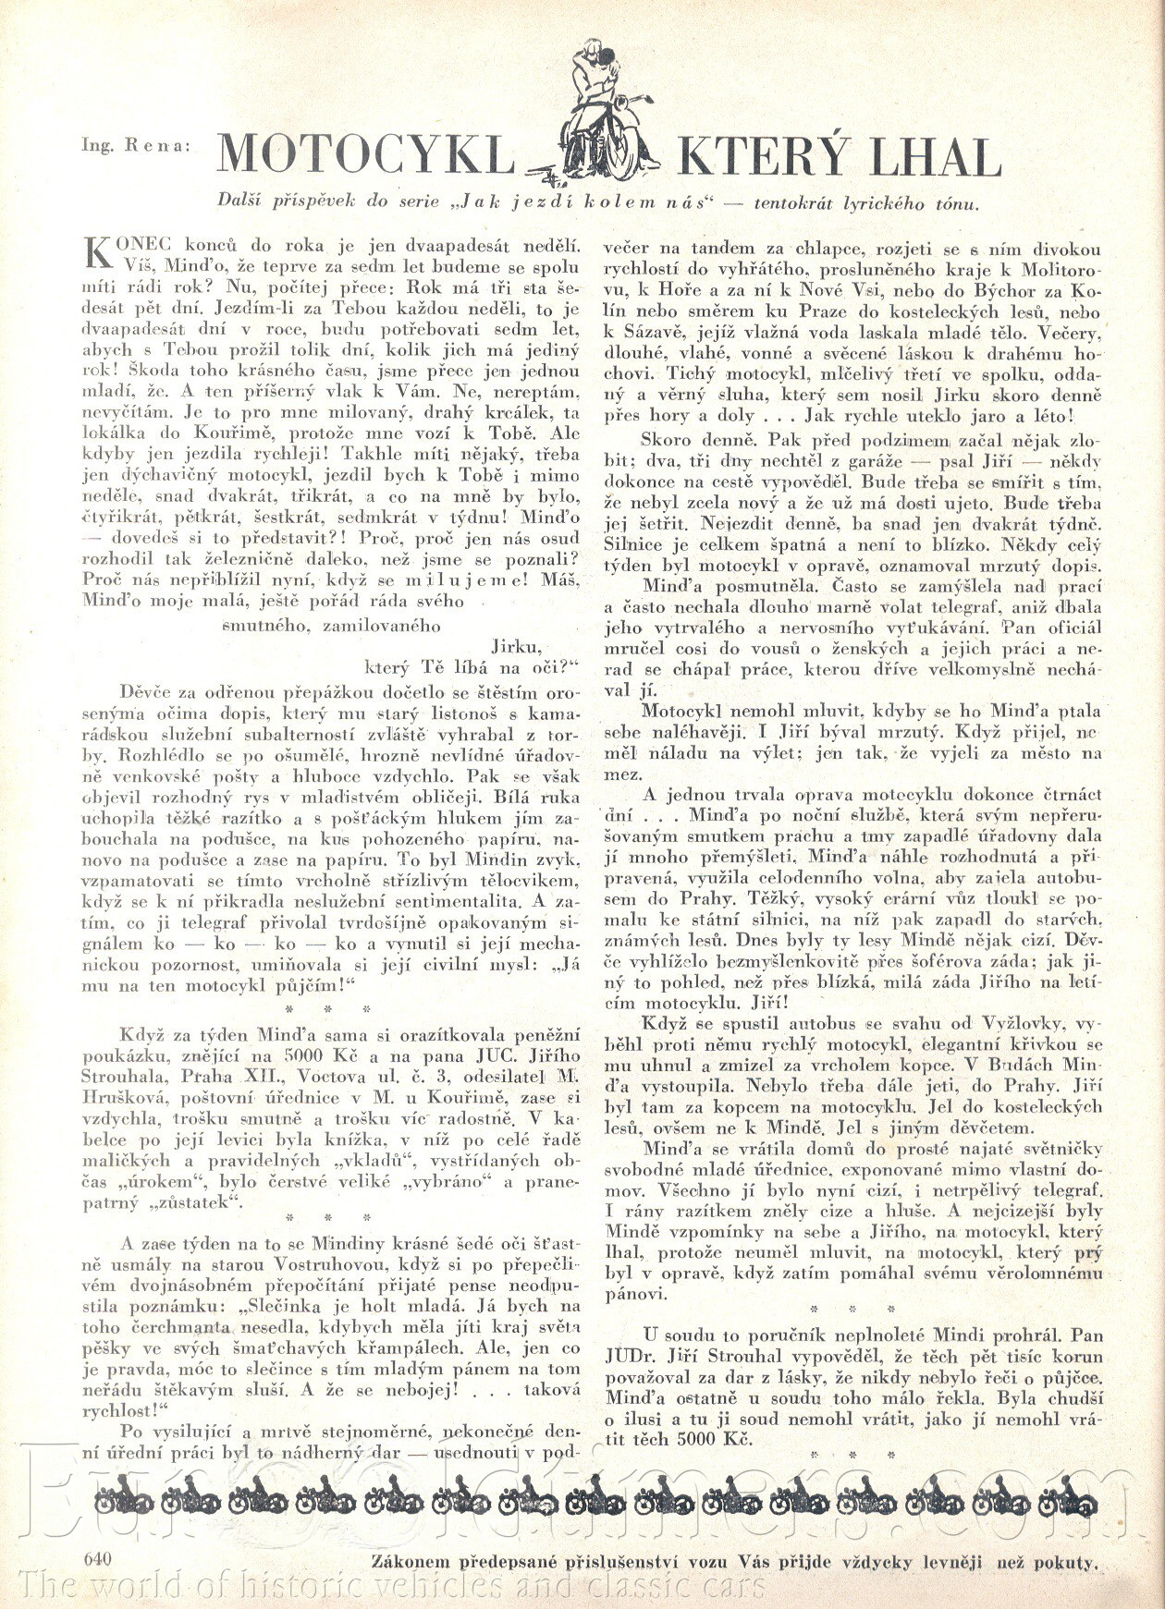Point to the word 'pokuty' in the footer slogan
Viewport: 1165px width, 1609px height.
[x=1065, y=1564]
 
